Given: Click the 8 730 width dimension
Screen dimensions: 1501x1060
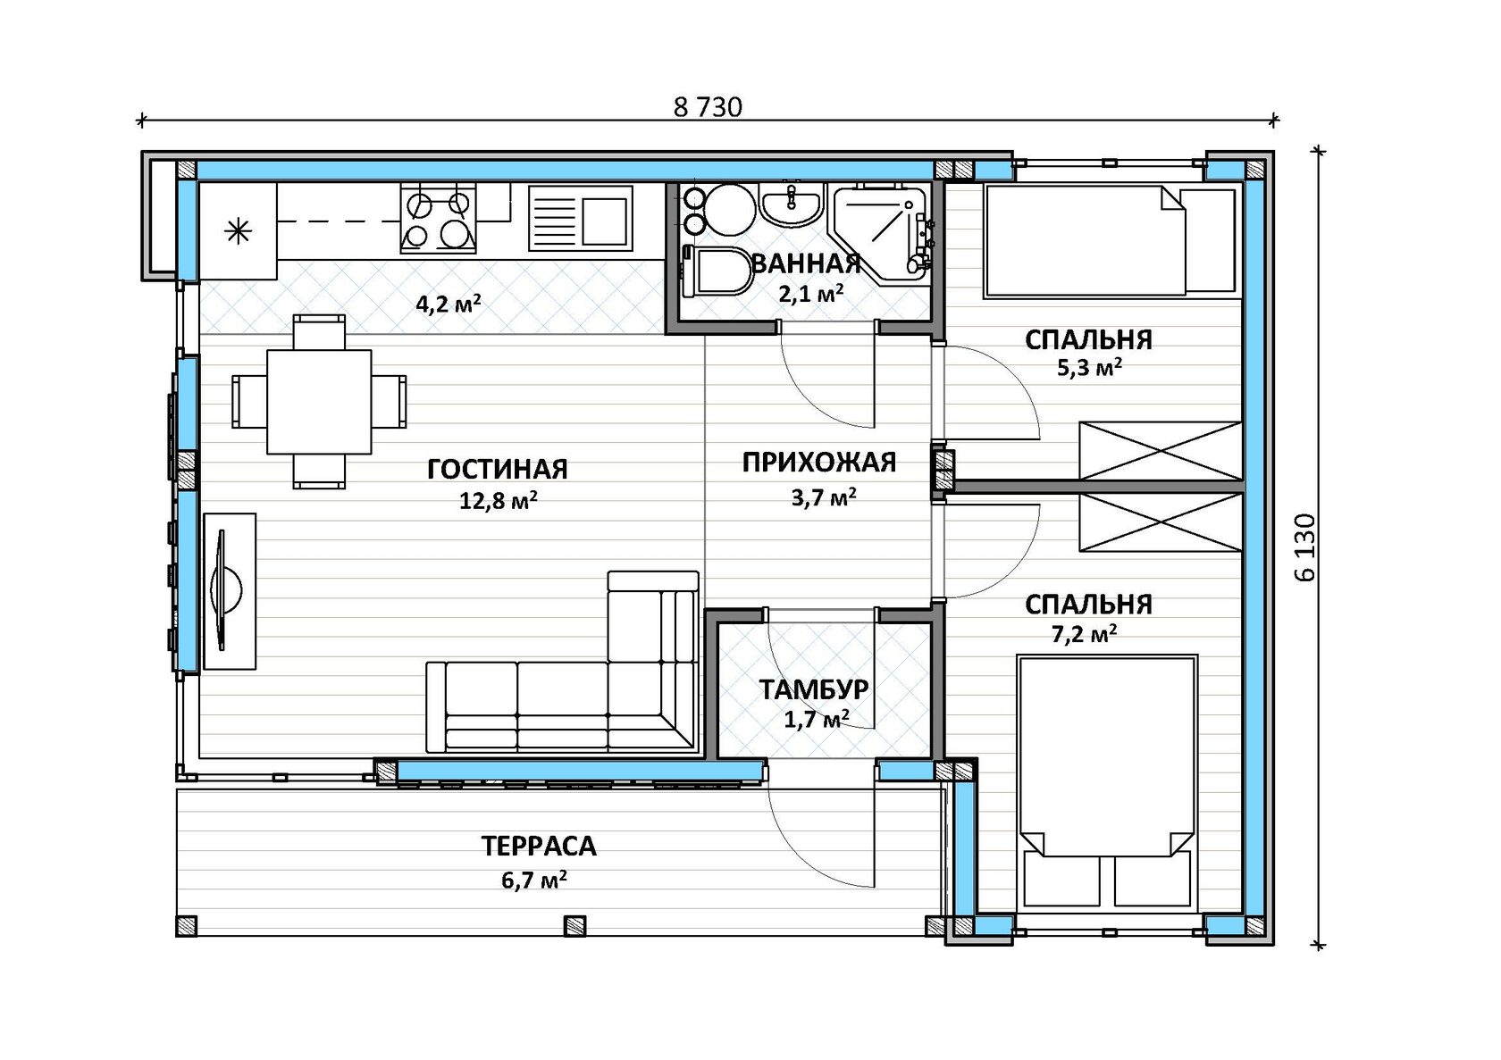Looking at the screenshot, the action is point(708,108).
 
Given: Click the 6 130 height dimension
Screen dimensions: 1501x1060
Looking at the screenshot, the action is point(1306,547).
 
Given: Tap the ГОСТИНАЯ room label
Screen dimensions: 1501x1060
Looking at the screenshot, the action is point(497,470).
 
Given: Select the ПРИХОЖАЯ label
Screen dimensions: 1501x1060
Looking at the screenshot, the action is point(818,463).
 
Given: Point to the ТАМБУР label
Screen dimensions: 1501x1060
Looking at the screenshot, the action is point(813,689).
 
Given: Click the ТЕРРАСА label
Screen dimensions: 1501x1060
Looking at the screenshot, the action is point(539,847).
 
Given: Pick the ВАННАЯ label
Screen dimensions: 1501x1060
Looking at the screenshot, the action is point(806,263).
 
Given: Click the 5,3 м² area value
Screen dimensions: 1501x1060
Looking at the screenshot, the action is point(1090,369).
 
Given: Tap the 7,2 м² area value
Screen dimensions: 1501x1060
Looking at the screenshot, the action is point(1085,633).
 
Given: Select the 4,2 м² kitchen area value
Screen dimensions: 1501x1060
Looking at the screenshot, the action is point(449,305).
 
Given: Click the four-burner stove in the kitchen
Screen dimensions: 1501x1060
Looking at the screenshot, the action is point(439,219).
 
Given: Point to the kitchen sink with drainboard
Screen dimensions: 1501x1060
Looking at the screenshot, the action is point(581,219).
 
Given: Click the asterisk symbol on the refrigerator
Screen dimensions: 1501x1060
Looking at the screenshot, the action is point(238,232).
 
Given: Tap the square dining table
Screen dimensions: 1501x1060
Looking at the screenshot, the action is point(319,402).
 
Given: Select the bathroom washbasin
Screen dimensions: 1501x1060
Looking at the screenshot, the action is point(791,204).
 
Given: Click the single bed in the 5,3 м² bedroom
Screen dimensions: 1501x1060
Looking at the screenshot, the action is point(1110,241).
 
